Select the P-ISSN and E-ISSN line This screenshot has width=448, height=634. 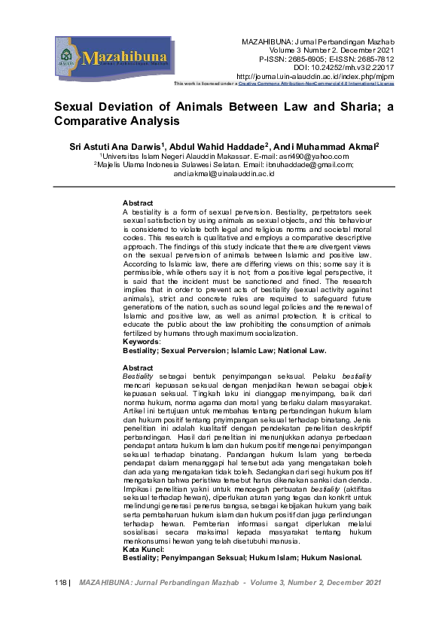[x=327, y=58]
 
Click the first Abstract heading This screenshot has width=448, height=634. [x=138, y=203]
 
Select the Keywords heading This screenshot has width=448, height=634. [x=142, y=342]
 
